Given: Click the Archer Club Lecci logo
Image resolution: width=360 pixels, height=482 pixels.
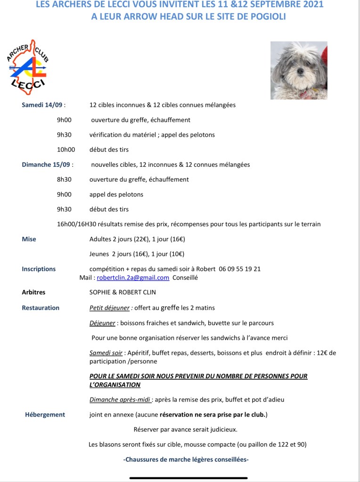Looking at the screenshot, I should [28, 67].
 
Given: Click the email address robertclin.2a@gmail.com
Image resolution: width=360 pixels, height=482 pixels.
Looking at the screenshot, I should [133, 278].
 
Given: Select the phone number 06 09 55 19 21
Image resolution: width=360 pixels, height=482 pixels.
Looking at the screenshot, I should [239, 269].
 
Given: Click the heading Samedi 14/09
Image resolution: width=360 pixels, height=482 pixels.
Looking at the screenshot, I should [42, 105].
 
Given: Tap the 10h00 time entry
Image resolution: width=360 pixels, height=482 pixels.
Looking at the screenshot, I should [66, 150].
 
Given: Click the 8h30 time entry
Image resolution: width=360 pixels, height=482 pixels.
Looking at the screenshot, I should [64, 180].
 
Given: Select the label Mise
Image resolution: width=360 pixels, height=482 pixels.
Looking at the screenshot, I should [29, 239].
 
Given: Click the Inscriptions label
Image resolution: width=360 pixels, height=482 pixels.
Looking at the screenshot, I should [39, 269].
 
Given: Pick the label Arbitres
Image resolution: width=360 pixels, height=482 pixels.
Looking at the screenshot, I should [33, 292].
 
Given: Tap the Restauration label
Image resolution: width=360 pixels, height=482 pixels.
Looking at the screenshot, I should [41, 308].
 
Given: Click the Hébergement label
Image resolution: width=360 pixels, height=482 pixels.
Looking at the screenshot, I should [45, 415].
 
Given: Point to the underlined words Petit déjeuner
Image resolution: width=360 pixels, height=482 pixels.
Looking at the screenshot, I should [109, 308].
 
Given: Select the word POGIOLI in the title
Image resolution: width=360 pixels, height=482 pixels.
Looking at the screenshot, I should [264, 16].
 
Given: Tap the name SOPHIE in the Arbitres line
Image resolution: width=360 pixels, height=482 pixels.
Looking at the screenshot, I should [100, 292].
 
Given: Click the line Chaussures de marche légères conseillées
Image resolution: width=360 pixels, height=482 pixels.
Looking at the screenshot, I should [186, 459].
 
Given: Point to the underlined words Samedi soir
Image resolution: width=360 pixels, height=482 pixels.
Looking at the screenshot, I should [106, 353].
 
